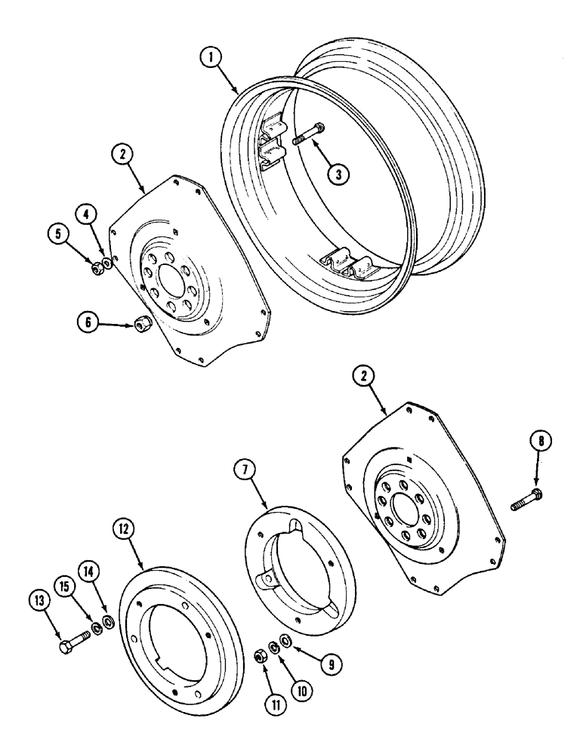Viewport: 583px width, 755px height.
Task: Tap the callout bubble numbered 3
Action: click(338, 173)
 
